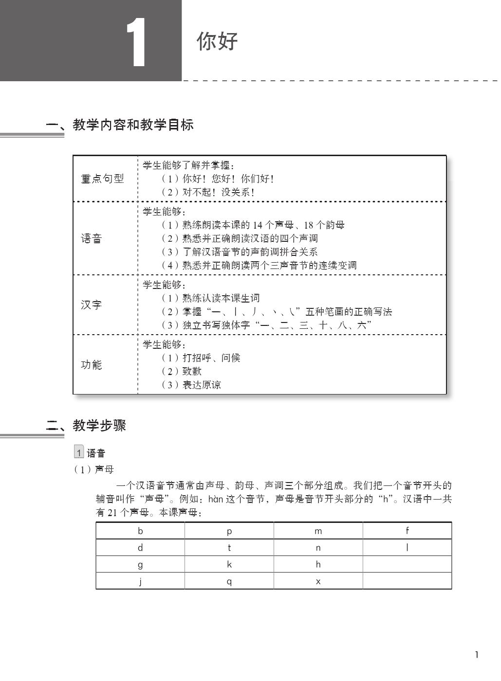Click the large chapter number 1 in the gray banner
(136, 43)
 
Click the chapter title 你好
(217, 41)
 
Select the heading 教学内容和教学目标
(133, 125)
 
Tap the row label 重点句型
(102, 179)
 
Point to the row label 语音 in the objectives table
(92, 238)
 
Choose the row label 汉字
(92, 305)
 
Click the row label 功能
(92, 365)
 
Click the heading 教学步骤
(99, 426)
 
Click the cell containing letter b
(140, 531)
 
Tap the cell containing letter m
(318, 531)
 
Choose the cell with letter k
(229, 564)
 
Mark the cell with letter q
(229, 581)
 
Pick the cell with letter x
(318, 581)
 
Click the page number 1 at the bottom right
(477, 655)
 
